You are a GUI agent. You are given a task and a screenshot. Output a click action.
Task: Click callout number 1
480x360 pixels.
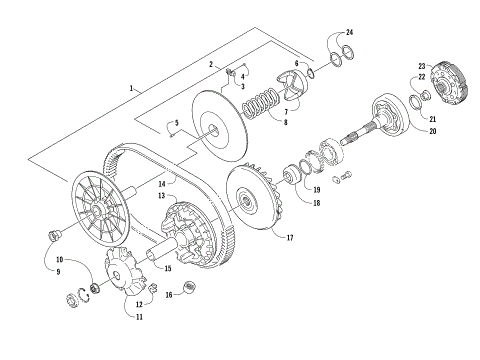pyautogui.click(x=131, y=89)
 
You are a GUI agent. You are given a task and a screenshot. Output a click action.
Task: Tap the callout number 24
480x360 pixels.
pyautogui.click(x=350, y=33)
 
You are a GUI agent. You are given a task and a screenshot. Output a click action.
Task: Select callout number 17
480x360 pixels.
pyautogui.click(x=290, y=238)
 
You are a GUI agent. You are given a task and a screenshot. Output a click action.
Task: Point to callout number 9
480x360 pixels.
pyautogui.click(x=58, y=271)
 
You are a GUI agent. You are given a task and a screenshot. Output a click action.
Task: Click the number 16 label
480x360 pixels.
pyautogui.click(x=169, y=295)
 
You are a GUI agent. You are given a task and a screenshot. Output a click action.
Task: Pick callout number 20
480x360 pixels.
pyautogui.click(x=433, y=131)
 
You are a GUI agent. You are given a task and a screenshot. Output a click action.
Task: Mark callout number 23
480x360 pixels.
pyautogui.click(x=422, y=65)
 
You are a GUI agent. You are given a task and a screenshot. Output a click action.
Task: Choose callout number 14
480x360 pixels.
pyautogui.click(x=160, y=183)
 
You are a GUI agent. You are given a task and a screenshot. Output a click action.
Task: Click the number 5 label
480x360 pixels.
pyautogui.click(x=175, y=123)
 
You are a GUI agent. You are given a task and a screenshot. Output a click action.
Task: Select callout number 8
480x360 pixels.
pyautogui.click(x=285, y=123)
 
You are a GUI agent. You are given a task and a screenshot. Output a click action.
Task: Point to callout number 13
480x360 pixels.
pyautogui.click(x=159, y=198)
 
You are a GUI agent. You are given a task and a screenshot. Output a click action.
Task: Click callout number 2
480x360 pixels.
pyautogui.click(x=211, y=63)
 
